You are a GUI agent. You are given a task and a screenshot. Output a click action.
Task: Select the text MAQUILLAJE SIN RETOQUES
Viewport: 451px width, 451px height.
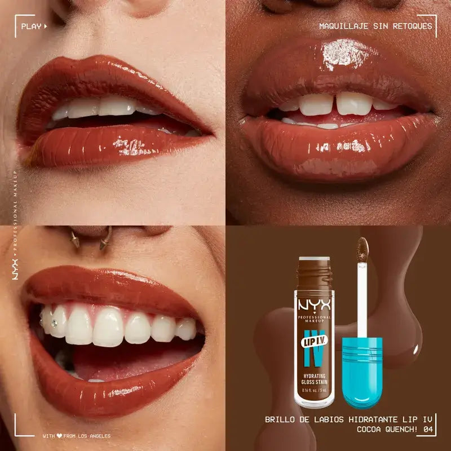click(375, 26)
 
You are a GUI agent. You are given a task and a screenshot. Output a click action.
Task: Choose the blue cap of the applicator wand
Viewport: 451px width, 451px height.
click(361, 369)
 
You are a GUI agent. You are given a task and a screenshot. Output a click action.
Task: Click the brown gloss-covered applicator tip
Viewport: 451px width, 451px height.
click(364, 247)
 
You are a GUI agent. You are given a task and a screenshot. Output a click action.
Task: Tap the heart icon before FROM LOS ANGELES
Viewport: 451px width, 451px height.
click(59, 436)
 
